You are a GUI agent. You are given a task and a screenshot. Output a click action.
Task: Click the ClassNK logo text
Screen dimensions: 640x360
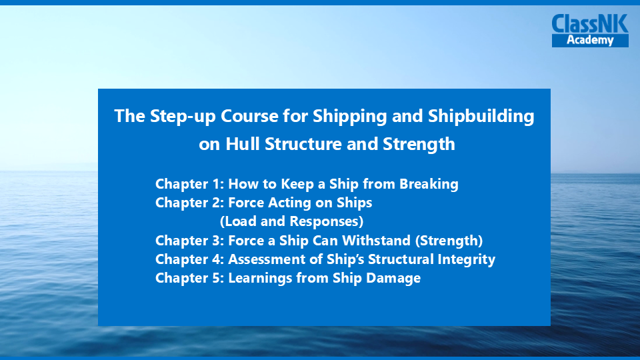590,24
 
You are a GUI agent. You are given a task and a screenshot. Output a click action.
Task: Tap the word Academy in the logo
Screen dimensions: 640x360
590,40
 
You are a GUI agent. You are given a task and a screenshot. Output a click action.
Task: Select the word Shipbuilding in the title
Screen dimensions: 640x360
481,116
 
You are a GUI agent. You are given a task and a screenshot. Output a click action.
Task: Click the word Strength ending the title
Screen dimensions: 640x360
419,144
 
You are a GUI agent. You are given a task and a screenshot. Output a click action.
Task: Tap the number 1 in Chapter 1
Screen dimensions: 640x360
217,184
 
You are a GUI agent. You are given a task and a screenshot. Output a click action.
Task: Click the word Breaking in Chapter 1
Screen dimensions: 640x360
429,184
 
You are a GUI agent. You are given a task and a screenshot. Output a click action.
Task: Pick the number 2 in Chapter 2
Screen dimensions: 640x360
217,203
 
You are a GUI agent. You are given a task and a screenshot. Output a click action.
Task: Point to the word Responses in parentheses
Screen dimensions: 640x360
327,221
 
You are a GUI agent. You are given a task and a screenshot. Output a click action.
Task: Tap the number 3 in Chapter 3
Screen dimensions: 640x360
217,241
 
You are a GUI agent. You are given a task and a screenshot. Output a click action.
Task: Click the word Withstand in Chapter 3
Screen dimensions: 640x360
376,241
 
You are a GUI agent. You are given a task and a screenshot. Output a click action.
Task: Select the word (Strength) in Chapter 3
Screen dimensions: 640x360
449,241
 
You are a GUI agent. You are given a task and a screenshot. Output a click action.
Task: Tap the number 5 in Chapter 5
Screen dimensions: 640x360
217,279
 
